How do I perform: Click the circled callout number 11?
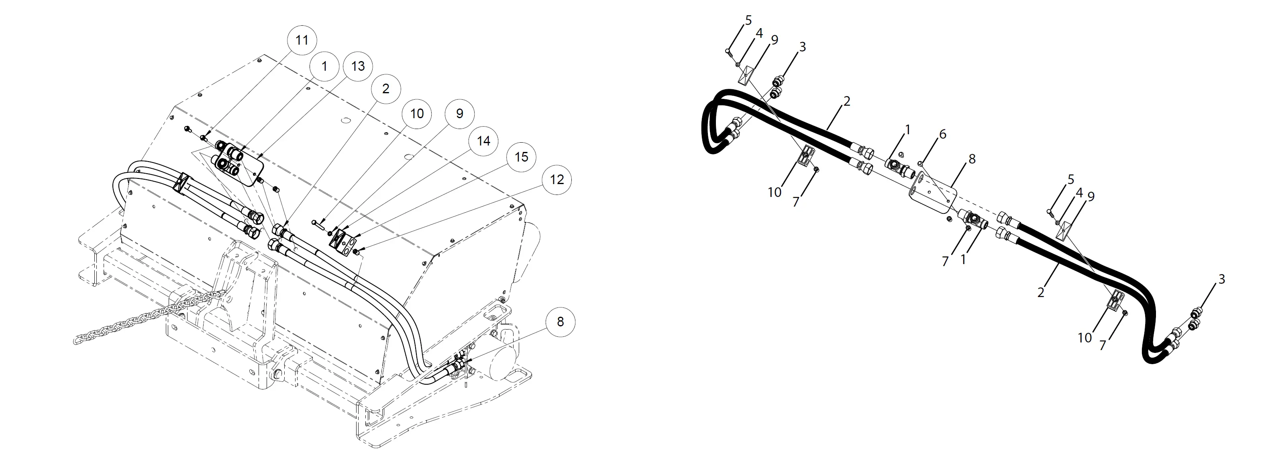pyautogui.click(x=302, y=39)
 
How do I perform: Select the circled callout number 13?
pyautogui.click(x=358, y=66)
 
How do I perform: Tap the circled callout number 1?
pyautogui.click(x=324, y=66)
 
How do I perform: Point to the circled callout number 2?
pyautogui.click(x=385, y=89)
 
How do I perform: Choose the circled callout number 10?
pyautogui.click(x=417, y=113)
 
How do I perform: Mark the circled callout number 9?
pyautogui.click(x=459, y=113)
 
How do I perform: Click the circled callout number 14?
pyautogui.click(x=483, y=141)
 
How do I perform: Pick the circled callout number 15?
pyautogui.click(x=521, y=157)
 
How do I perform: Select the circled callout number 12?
pyautogui.click(x=557, y=179)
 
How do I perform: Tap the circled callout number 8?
pyautogui.click(x=560, y=322)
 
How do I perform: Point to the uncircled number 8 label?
pyautogui.click(x=971, y=159)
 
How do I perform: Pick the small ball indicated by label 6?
pyautogui.click(x=919, y=163)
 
